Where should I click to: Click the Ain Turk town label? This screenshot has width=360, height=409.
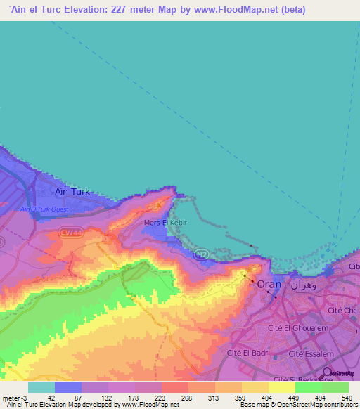tap(74, 190)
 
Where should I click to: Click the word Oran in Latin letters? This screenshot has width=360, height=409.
tap(269, 285)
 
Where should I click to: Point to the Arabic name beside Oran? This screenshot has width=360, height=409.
tap(302, 285)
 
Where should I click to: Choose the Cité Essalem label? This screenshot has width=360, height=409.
tap(309, 354)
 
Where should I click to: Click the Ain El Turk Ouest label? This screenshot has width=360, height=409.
tap(44, 209)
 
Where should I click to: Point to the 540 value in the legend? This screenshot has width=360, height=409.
tap(346, 398)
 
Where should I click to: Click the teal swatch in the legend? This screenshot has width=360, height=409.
tap(41, 387)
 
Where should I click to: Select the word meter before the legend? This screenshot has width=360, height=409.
tap(13, 398)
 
